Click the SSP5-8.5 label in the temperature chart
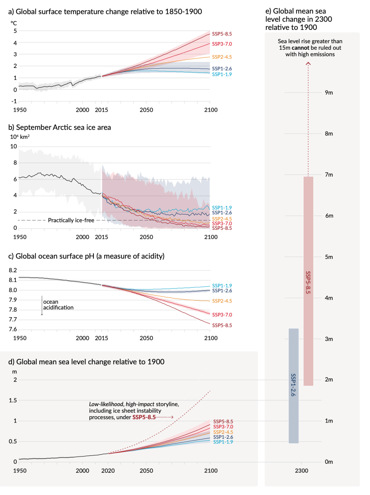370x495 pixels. pos(222,34)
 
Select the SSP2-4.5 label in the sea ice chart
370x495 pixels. pos(222,219)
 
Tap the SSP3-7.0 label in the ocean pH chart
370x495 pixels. pos(222,315)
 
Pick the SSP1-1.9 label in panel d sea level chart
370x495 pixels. pos(223,442)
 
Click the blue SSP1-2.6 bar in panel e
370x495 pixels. pos(294,386)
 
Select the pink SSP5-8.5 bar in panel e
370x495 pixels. pos(308,281)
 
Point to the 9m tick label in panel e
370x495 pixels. pos(329,93)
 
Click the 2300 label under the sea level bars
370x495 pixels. pos(301,471)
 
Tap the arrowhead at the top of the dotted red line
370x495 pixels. pos(308,64)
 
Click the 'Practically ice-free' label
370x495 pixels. pos(71,220)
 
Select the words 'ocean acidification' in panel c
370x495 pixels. pos(58,304)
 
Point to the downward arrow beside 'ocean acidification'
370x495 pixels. pos(42,305)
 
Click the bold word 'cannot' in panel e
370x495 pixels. pos(300,48)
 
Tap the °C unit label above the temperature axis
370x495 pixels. pos(14,23)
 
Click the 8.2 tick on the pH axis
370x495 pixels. pos(13,270)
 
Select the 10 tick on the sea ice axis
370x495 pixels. pos(13,146)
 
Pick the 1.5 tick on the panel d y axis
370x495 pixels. pos(13,400)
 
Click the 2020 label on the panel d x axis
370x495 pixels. pos(108,471)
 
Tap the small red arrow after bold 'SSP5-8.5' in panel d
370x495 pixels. pos(165,417)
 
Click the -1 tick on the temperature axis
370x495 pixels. pos(14,101)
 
